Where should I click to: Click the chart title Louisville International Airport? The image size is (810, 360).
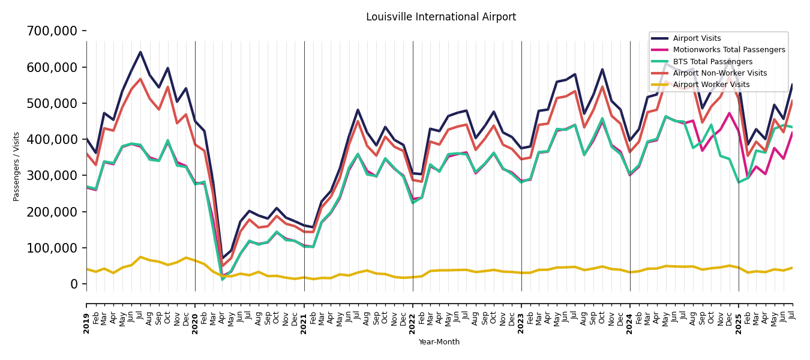(x=441, y=17)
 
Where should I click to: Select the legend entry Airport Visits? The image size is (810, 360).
(x=697, y=38)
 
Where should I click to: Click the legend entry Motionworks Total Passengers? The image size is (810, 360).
(x=728, y=50)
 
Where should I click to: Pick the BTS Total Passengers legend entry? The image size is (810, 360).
(x=712, y=62)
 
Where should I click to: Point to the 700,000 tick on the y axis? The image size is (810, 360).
(x=52, y=31)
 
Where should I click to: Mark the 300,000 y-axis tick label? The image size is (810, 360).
(x=52, y=175)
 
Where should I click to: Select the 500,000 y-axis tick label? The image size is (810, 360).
(x=52, y=103)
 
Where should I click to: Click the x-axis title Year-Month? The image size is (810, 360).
(x=439, y=342)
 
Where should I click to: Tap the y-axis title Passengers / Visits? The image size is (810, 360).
(x=17, y=166)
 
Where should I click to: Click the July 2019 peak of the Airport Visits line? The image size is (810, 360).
(x=140, y=52)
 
